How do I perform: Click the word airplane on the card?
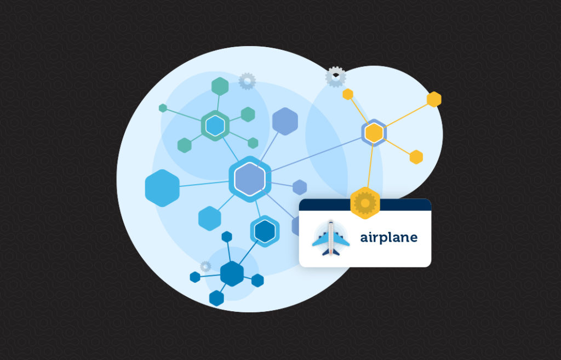[x=388, y=238]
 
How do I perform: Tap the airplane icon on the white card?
[x=330, y=238]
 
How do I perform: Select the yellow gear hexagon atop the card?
[x=365, y=203]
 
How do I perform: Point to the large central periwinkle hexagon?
[x=250, y=179]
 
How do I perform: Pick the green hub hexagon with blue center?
[x=215, y=125]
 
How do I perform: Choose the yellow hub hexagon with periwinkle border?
[x=374, y=133]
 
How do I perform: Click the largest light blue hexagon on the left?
[x=162, y=188]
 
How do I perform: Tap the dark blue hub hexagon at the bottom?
[x=232, y=273]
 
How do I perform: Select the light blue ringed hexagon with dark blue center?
[x=265, y=231]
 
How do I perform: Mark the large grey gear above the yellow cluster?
[x=335, y=77]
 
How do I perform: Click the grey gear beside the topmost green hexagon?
[x=247, y=81]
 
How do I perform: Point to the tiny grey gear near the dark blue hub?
[x=205, y=266]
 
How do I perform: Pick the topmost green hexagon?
[x=220, y=86]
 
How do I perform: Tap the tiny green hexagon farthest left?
[x=163, y=108]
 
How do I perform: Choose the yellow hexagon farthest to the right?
[x=434, y=99]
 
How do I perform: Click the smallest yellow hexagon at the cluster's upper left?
[x=347, y=94]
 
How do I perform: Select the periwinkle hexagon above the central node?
[x=285, y=121]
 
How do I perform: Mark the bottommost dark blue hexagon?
[x=216, y=298]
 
